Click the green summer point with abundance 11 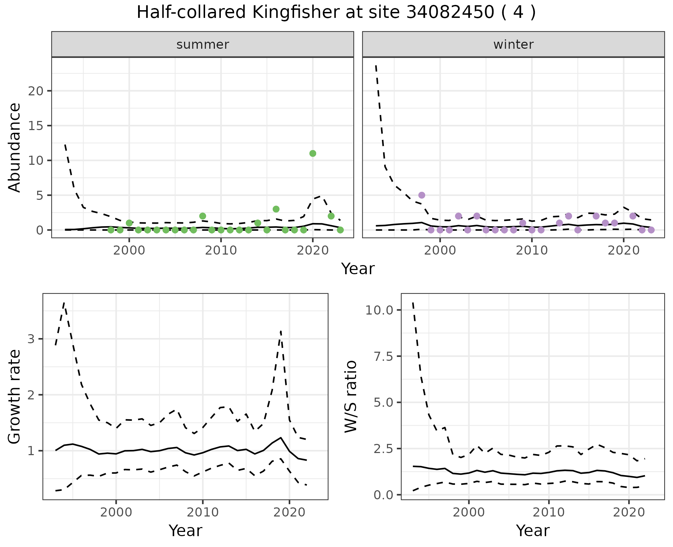(313, 153)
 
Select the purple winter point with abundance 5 (422, 195)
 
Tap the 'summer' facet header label (203, 45)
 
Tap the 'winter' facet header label (513, 45)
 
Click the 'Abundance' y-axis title (15, 147)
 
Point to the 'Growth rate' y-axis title (15, 397)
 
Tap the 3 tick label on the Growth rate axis (31, 339)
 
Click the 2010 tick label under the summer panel (221, 250)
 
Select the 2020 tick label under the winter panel (624, 250)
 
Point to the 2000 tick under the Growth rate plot (116, 512)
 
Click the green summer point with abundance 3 (276, 209)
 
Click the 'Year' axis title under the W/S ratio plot (532, 531)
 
